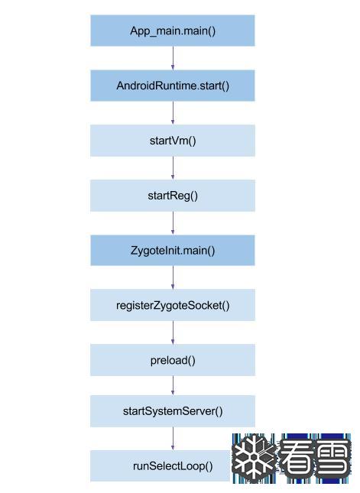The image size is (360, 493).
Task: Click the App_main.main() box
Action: [x=173, y=31]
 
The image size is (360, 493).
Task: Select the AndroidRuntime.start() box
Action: [x=173, y=86]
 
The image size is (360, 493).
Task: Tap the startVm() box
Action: [x=173, y=141]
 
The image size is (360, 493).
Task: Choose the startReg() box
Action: [x=173, y=196]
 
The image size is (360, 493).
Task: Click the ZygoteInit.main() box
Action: [x=173, y=251]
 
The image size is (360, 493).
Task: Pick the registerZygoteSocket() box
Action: [x=173, y=305]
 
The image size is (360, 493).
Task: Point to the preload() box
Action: [x=173, y=360]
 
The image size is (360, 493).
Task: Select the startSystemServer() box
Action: [x=173, y=411]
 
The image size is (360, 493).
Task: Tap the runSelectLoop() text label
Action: [x=173, y=466]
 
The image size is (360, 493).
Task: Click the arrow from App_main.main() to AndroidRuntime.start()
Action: [x=173, y=58]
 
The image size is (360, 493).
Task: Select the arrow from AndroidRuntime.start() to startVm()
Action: [x=173, y=113]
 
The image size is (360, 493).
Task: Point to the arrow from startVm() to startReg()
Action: [x=173, y=168]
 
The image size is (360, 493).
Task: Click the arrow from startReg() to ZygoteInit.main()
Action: [x=173, y=223]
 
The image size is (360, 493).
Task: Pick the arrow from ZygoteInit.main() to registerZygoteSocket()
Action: [x=173, y=277]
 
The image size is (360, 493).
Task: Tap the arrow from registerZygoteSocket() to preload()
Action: [x=173, y=332]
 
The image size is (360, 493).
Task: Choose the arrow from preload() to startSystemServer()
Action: [x=173, y=385]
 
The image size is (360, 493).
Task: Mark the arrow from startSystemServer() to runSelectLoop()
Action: [x=173, y=439]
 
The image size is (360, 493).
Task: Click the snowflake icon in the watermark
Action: [x=255, y=459]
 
